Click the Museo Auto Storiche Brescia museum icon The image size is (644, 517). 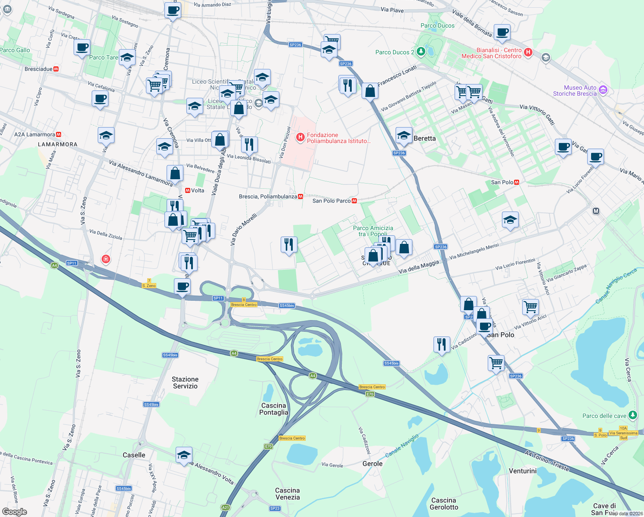(x=603, y=90)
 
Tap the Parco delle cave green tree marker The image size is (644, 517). (x=632, y=415)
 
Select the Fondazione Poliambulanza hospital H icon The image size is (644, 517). (x=300, y=137)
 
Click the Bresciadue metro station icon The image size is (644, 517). (x=56, y=69)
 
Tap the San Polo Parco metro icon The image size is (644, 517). (x=354, y=201)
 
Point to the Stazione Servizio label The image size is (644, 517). (x=185, y=383)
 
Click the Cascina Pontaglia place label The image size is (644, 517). (x=273, y=409)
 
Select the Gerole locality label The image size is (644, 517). (x=372, y=464)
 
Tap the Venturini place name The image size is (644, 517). (x=523, y=471)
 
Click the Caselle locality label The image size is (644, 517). (x=134, y=455)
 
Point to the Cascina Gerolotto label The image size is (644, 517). (x=443, y=504)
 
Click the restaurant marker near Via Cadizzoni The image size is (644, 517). (x=442, y=345)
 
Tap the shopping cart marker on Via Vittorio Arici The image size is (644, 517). (x=530, y=307)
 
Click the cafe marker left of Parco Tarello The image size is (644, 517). (x=82, y=47)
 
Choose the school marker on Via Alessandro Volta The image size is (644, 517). (x=184, y=455)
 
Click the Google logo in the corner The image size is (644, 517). (x=15, y=511)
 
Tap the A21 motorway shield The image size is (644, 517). (x=225, y=508)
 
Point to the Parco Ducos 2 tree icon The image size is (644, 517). (x=421, y=52)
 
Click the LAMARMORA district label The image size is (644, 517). (x=58, y=144)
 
